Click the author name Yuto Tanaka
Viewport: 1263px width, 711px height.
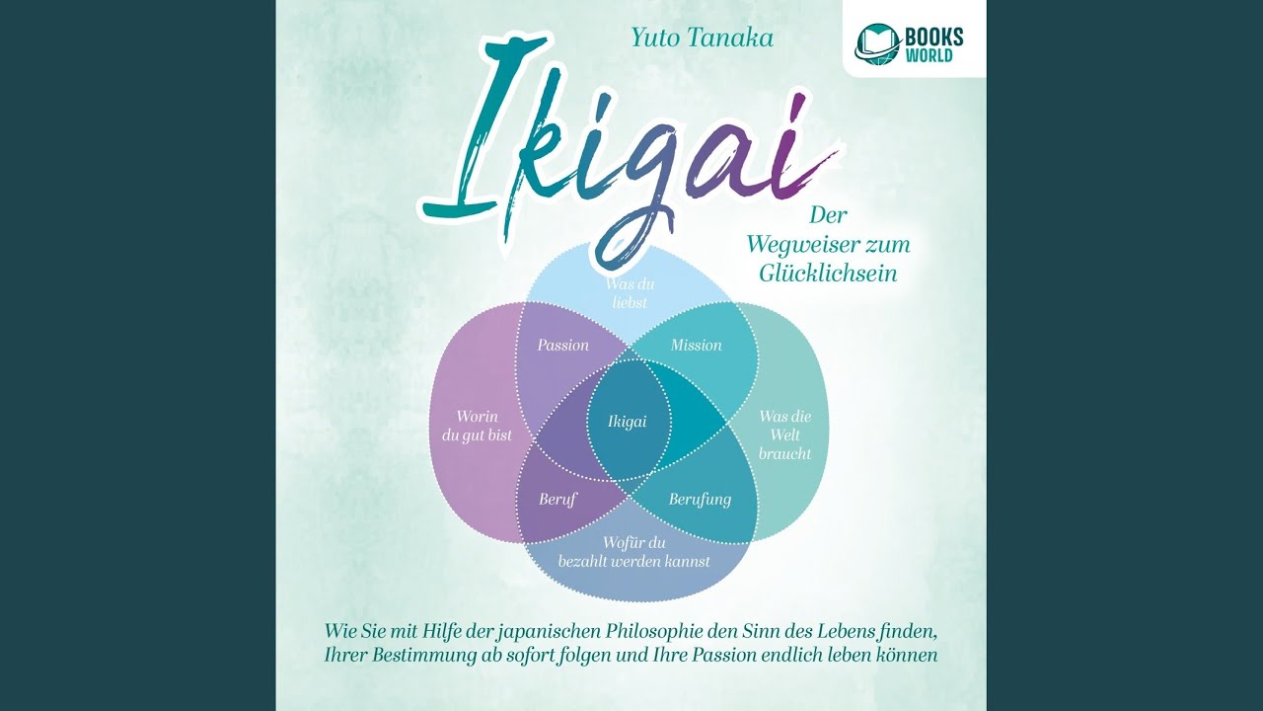tap(702, 38)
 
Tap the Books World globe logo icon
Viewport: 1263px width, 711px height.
tap(877, 42)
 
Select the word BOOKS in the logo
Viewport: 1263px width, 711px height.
tap(934, 37)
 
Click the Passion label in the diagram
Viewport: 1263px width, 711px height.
tap(562, 345)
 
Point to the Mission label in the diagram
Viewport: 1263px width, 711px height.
tap(697, 345)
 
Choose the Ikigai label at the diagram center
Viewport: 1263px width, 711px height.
tap(627, 422)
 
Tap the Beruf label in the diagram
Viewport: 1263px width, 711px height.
tap(557, 500)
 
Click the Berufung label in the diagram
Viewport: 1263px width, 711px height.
tap(700, 500)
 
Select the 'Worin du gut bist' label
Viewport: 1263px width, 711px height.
tap(477, 426)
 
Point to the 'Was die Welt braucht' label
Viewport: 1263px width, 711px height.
tap(784, 434)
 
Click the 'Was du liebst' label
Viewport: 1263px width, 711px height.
tap(630, 293)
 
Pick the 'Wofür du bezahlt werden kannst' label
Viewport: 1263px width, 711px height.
tap(634, 552)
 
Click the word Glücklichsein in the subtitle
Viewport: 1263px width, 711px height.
tap(828, 274)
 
